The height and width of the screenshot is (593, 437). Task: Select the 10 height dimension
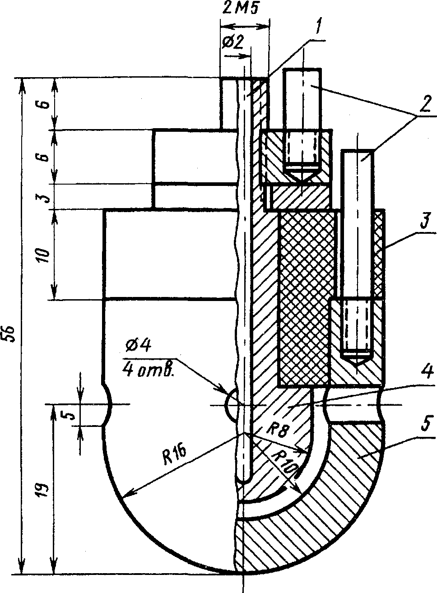42,255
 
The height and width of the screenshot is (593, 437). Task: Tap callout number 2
423,107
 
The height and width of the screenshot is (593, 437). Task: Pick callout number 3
423,224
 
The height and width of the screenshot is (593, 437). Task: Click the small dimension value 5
70,414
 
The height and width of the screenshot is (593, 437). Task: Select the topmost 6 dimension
42,104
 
